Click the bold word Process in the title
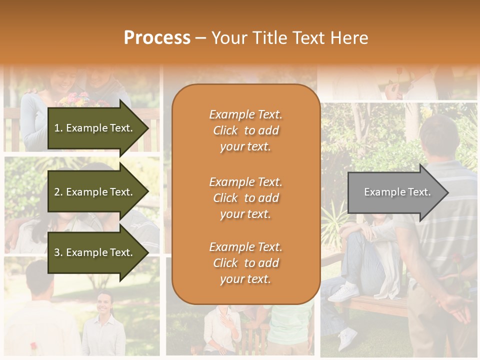157,38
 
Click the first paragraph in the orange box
245,130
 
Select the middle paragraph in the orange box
245,198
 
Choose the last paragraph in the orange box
245,263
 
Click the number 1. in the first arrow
58,128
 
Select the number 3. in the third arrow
58,252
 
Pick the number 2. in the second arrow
58,192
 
